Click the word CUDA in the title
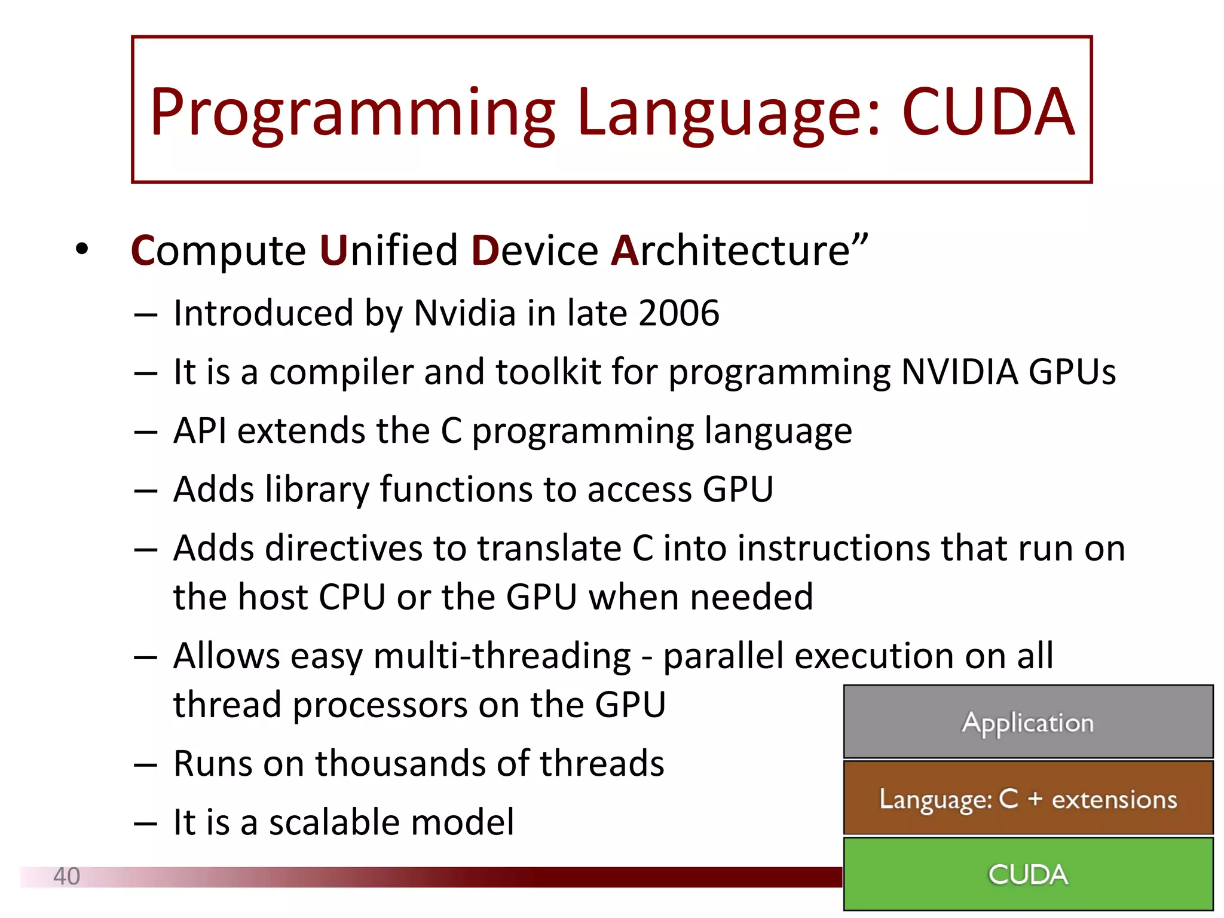click(x=987, y=112)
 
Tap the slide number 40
click(x=66, y=876)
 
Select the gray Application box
click(x=1028, y=722)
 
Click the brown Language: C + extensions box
click(x=1028, y=798)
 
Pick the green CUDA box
click(x=1028, y=874)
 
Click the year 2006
click(x=678, y=313)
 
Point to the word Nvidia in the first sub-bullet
click(x=464, y=313)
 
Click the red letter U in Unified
click(x=333, y=250)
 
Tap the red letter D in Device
click(x=485, y=250)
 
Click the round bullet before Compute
click(x=82, y=250)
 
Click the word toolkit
click(x=548, y=372)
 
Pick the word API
click(x=200, y=430)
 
